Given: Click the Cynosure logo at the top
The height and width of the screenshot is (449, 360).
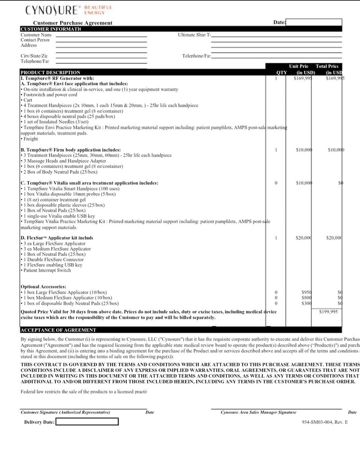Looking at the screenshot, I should [68, 9].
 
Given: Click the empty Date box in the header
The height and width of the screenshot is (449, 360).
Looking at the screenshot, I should [314, 22].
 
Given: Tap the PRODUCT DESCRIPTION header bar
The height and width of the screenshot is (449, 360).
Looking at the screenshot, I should [51, 72].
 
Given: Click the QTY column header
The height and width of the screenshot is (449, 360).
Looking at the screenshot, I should [281, 72].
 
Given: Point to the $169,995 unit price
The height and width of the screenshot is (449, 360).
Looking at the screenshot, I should [302, 78].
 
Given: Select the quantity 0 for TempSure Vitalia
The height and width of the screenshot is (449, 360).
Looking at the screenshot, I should [276, 183].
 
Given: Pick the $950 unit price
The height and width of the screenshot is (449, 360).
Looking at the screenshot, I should [307, 292].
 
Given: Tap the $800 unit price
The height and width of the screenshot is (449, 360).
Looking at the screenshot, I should [307, 298].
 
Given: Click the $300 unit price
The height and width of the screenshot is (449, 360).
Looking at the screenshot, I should [307, 304].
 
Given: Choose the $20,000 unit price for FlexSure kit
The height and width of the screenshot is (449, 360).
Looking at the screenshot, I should [304, 238].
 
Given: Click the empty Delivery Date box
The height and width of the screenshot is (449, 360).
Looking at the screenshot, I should [87, 422].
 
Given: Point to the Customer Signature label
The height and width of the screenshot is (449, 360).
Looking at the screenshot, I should [66, 412].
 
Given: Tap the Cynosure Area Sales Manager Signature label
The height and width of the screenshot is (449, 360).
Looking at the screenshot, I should [258, 412].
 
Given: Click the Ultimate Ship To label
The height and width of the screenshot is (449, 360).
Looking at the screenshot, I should [194, 35].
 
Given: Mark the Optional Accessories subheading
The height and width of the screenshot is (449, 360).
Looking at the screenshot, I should [44, 286].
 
